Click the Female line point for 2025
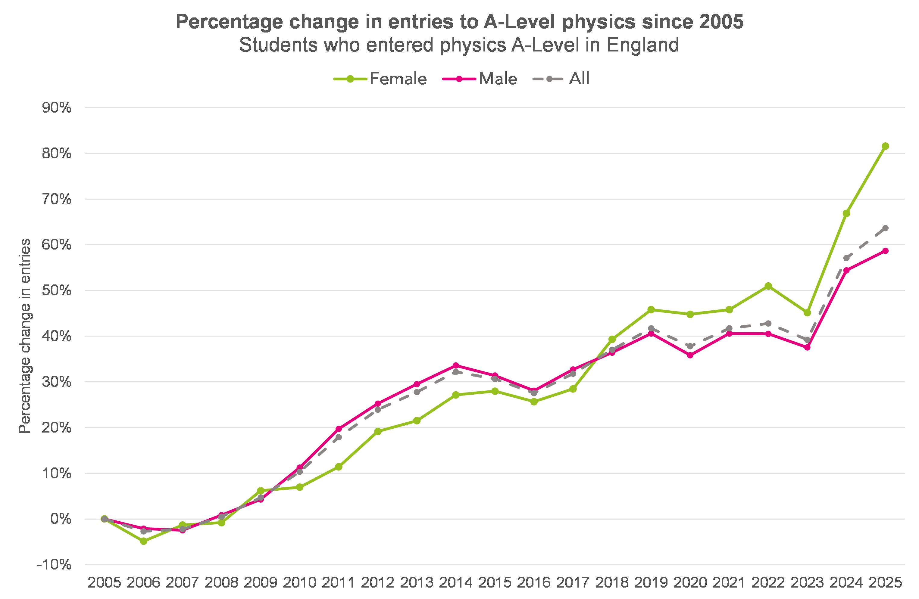[x=885, y=146]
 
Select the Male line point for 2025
[x=885, y=251]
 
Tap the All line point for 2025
[x=885, y=228]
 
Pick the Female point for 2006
[x=143, y=542]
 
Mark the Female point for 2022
[x=768, y=286]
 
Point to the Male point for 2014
[x=456, y=365]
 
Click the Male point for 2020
[x=690, y=355]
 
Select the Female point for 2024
[x=846, y=213]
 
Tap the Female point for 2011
[x=339, y=467]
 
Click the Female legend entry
[x=380, y=79]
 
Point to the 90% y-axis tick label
[x=57, y=108]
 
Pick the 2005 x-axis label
[x=104, y=582]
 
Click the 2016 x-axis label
[x=534, y=582]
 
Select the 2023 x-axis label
[x=807, y=582]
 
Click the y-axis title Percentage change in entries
[x=25, y=336]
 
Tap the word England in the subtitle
[x=642, y=45]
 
